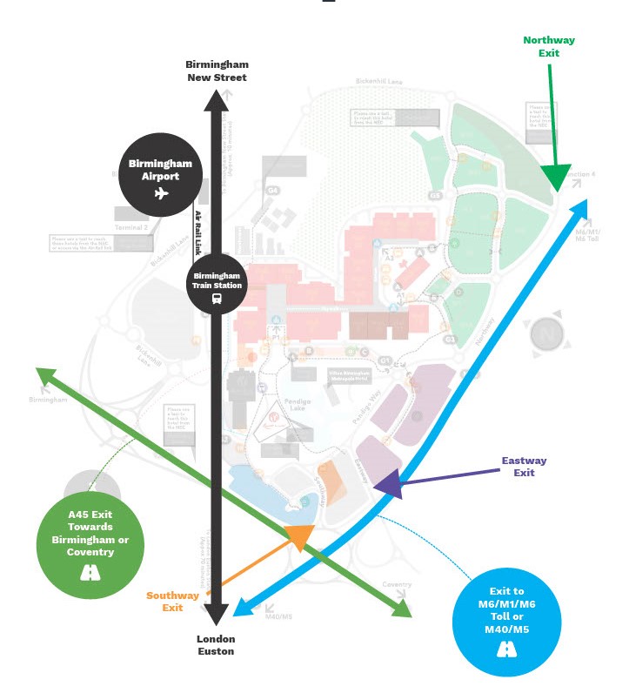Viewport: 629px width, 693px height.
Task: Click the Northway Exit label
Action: pyautogui.click(x=548, y=46)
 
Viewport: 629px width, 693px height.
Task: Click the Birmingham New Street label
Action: pyautogui.click(x=217, y=71)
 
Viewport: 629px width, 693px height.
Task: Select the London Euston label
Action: pyautogui.click(x=216, y=644)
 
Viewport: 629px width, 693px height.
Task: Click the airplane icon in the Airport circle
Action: pyautogui.click(x=161, y=193)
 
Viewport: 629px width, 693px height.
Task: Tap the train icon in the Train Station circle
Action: pyautogui.click(x=217, y=298)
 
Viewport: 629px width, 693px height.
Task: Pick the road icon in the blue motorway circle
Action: pyautogui.click(x=506, y=649)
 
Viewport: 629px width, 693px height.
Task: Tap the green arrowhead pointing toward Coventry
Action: pyautogui.click(x=401, y=609)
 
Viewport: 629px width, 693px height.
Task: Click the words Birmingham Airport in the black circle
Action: pyautogui.click(x=161, y=170)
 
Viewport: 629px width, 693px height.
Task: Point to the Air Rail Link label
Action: pyautogui.click(x=198, y=230)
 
